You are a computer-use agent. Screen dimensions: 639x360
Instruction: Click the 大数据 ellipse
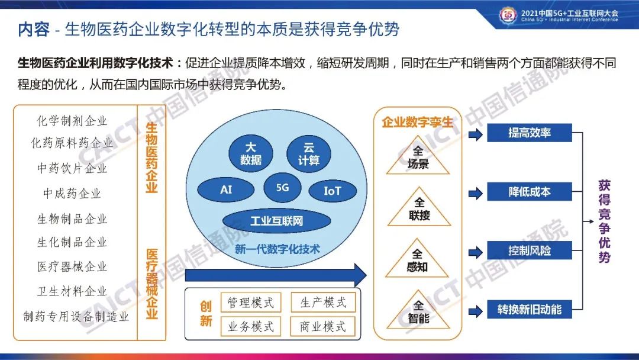pyautogui.click(x=251, y=154)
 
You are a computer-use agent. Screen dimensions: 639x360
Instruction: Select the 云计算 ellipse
pyautogui.click(x=308, y=154)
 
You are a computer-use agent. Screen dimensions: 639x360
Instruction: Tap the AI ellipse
pyautogui.click(x=226, y=189)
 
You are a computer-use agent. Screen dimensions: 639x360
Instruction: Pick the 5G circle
pyautogui.click(x=282, y=188)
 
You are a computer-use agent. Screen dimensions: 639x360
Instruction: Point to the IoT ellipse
pyautogui.click(x=333, y=191)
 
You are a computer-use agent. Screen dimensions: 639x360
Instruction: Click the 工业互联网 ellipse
pyautogui.click(x=276, y=221)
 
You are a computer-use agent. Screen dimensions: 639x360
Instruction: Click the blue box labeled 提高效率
pyautogui.click(x=530, y=133)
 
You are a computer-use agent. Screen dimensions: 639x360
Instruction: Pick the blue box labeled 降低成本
pyautogui.click(x=530, y=192)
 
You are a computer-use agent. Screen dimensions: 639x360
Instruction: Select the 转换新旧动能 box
pyautogui.click(x=530, y=310)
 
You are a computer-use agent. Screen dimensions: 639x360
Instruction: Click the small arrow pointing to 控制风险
pyautogui.click(x=476, y=252)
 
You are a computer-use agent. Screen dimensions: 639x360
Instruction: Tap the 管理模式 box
pyautogui.click(x=251, y=303)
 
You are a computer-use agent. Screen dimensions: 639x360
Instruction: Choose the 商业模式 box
pyautogui.click(x=323, y=326)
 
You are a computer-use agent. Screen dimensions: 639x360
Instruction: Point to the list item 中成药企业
pyautogui.click(x=72, y=193)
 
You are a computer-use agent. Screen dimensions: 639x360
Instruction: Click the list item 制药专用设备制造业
pyautogui.click(x=76, y=316)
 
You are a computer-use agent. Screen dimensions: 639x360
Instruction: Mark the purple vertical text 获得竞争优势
pyautogui.click(x=604, y=221)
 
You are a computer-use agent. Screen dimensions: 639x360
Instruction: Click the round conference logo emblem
pyautogui.click(x=508, y=15)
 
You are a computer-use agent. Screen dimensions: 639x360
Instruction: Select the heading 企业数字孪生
pyautogui.click(x=417, y=122)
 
